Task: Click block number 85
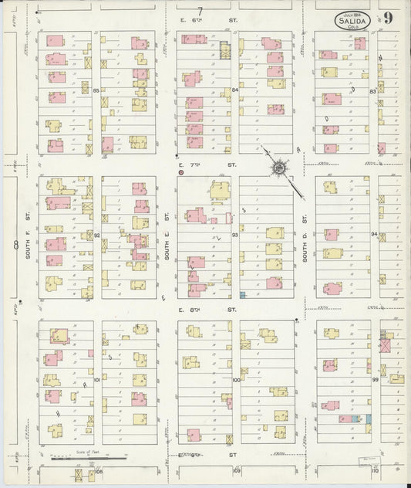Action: point(96,91)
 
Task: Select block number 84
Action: point(234,90)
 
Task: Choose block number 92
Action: point(97,235)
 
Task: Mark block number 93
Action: point(234,235)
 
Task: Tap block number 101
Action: point(97,380)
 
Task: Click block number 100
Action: point(235,380)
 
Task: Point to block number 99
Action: point(376,380)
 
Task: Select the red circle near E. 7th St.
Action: point(180,173)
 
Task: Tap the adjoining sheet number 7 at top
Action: point(200,10)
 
